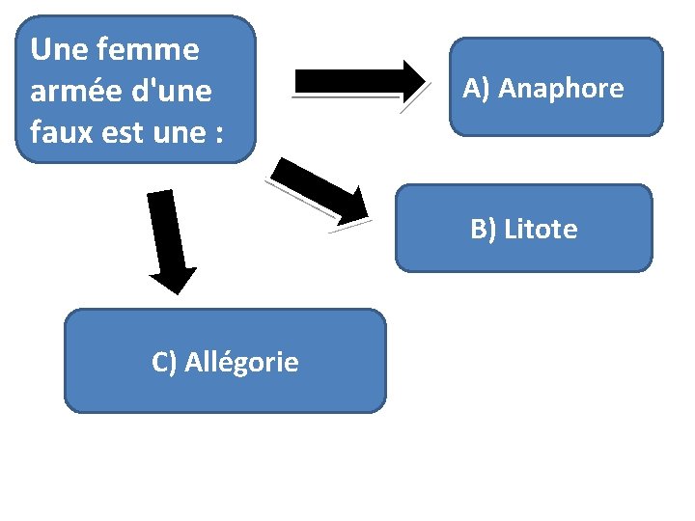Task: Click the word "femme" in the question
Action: (x=153, y=49)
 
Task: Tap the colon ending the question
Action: (x=218, y=134)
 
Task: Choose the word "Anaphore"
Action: (x=562, y=89)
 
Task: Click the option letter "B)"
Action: (x=485, y=230)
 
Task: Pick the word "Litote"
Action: (x=542, y=230)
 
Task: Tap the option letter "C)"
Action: (x=165, y=362)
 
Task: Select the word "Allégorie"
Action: (x=241, y=363)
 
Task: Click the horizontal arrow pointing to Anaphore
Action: (x=357, y=81)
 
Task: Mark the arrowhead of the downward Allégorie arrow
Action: (x=173, y=279)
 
